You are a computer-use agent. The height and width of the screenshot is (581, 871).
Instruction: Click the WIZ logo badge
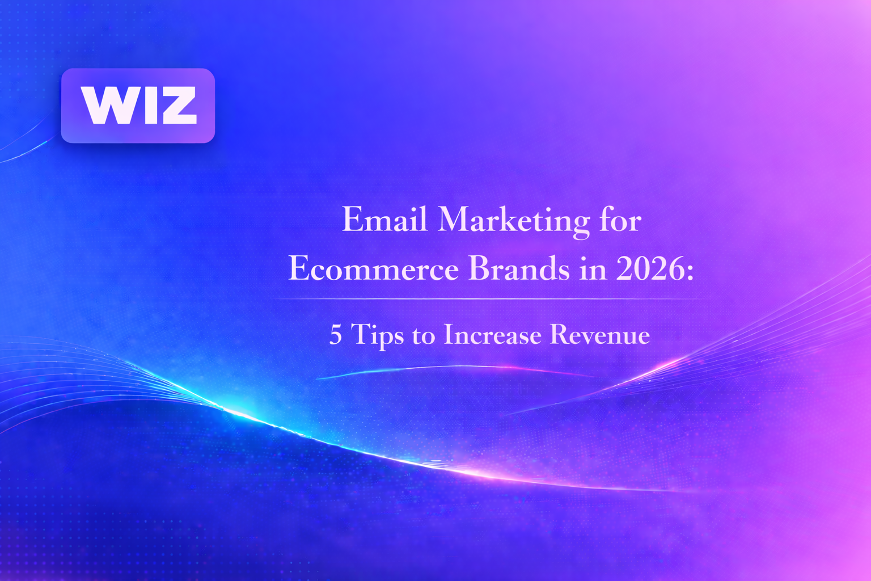[138, 106]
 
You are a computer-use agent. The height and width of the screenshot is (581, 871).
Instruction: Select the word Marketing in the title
[514, 222]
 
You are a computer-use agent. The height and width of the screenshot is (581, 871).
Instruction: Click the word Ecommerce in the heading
[373, 268]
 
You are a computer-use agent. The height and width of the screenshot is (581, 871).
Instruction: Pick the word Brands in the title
[519, 268]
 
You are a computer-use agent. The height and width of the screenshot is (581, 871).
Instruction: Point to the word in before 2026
[593, 268]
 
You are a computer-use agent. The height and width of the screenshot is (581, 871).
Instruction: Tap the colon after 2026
[690, 272]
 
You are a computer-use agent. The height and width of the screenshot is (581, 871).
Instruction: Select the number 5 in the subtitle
[336, 335]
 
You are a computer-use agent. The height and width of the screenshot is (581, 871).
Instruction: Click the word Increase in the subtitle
[492, 335]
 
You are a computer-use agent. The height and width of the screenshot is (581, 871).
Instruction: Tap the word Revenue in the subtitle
[600, 335]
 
